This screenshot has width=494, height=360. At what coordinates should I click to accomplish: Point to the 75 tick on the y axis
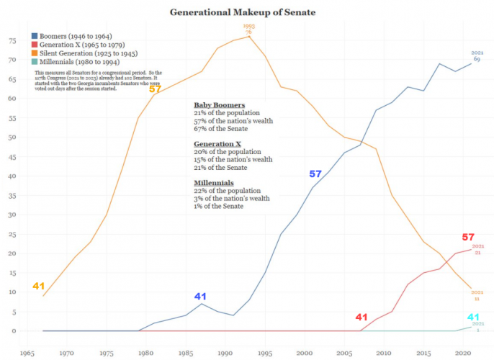coord(12,40)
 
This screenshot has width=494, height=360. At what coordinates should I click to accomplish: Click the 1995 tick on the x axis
coord(265,353)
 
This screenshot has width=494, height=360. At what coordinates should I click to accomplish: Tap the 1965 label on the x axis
coord(27,353)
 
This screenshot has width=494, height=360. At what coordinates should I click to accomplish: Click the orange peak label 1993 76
coord(248,29)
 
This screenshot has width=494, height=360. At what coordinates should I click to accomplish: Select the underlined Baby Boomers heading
coord(219,105)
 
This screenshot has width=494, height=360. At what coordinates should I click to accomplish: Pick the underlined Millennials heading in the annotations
coord(215,183)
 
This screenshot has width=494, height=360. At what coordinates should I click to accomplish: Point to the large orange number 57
coord(155,89)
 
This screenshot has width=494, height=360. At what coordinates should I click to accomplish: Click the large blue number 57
coord(315,174)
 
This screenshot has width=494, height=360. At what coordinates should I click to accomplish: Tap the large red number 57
coord(468,237)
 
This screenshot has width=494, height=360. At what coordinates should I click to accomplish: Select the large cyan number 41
coord(473,317)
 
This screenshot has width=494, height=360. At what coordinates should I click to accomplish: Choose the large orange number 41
coord(39,286)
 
